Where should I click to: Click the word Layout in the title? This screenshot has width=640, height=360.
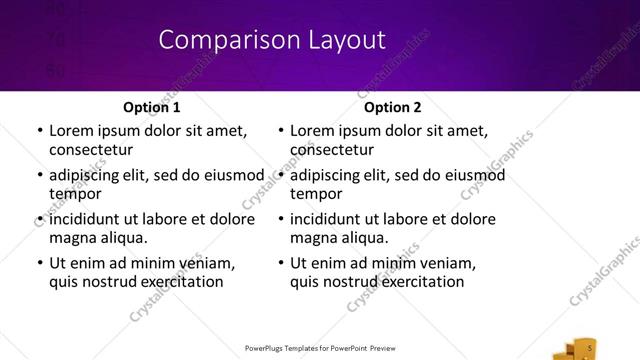(340, 40)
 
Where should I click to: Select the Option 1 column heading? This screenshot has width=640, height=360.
(152, 107)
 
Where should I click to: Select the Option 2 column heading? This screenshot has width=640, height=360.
(393, 107)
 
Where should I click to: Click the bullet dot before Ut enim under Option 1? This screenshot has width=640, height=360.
(39, 264)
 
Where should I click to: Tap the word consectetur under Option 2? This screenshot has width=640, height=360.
(332, 149)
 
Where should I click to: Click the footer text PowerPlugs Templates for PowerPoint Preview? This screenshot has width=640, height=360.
(320, 349)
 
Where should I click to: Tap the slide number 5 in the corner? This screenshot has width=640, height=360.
(590, 347)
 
